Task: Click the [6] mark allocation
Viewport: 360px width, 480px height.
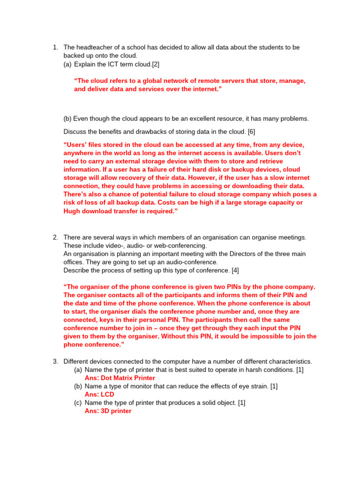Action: pos(251,132)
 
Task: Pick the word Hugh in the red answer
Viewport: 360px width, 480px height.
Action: pos(73,211)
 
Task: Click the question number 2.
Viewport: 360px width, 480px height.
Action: pos(55,237)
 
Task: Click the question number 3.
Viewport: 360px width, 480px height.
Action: pos(55,361)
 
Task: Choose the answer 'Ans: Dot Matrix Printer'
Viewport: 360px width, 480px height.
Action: pos(120,378)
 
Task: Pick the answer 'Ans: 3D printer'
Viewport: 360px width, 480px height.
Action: pos(108,411)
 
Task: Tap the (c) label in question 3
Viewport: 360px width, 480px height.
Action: pos(78,403)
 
